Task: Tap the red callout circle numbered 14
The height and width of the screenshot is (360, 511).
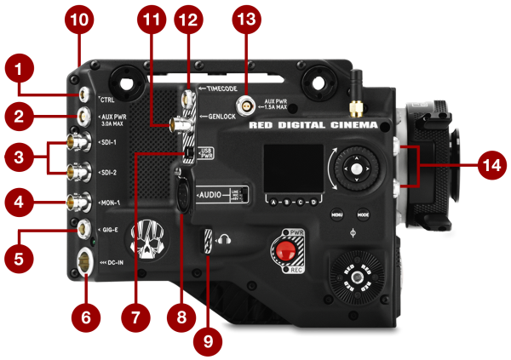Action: click(487, 167)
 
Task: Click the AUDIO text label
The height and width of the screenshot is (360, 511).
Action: click(213, 194)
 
